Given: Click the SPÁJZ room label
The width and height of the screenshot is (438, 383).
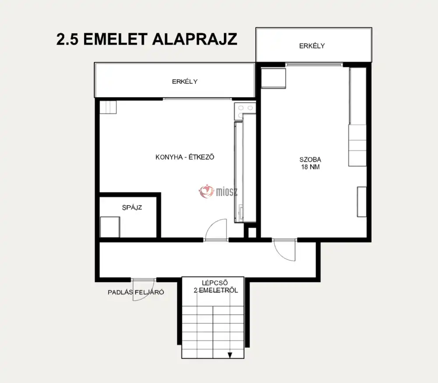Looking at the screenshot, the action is click(132, 207).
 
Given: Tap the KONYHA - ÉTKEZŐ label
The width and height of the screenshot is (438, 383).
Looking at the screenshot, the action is click(185, 157).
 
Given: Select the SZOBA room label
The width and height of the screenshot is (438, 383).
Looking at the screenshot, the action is click(310, 160).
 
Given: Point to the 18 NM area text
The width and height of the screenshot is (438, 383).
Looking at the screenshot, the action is click(310, 167).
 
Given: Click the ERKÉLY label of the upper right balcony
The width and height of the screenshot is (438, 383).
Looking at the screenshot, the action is click(312, 46).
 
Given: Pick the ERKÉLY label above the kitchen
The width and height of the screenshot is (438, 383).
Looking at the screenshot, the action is click(185, 81).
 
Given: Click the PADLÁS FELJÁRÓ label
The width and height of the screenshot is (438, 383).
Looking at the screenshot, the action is click(136, 292).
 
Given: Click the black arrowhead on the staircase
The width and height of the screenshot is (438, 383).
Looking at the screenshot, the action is click(230, 355).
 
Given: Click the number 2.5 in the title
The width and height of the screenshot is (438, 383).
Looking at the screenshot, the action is click(67, 39).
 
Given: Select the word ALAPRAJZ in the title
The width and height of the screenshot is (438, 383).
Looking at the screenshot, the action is click(195, 39).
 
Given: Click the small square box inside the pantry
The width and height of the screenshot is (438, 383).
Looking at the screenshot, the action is click(110, 227).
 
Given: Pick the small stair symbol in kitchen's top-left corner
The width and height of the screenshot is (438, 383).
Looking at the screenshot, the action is click(108, 107).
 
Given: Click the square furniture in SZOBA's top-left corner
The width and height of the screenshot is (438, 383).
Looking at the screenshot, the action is click(273, 78).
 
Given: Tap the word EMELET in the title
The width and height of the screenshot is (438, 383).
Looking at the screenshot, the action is click(115, 39).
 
